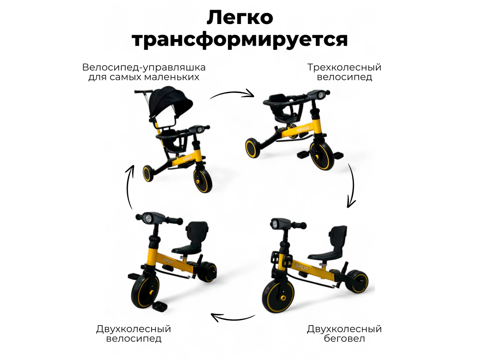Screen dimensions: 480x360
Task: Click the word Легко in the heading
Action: click(240, 18)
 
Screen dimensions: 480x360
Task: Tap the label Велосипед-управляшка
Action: click(144, 67)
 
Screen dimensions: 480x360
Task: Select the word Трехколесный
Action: click(344, 67)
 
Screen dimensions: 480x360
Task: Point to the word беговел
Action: click(344, 339)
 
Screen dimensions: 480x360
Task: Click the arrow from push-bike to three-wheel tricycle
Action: click(232, 94)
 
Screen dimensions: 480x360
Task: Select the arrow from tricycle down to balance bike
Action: click(351, 186)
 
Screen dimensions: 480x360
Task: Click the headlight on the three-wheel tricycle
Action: click(318, 94)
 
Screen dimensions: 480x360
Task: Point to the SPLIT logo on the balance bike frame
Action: click(302, 267)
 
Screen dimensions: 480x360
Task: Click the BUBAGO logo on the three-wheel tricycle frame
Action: click(303, 129)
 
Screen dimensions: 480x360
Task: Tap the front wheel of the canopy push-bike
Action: click(202, 180)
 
